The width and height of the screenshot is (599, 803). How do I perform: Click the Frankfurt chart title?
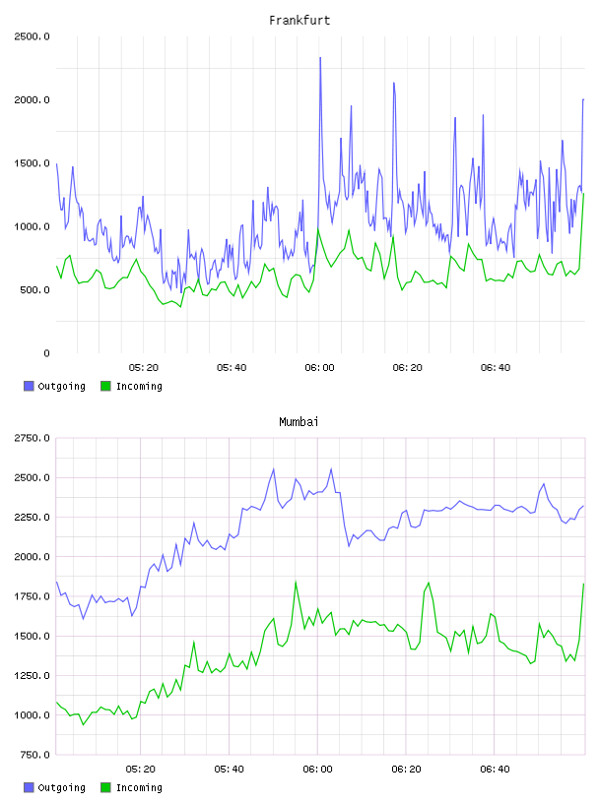299,21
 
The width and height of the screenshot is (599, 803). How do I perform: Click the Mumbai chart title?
299,422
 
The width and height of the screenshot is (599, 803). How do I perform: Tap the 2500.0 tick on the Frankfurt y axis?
32,36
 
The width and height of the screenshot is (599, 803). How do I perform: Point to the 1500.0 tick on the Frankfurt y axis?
32,163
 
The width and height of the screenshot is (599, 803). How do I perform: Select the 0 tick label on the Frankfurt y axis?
46,353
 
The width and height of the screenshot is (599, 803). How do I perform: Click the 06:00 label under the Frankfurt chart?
319,368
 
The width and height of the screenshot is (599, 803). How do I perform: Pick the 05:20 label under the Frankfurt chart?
144,368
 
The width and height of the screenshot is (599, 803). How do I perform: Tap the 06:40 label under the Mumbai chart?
495,770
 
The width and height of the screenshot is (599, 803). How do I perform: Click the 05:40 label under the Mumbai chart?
230,770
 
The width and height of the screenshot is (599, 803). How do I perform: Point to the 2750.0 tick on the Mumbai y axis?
32,438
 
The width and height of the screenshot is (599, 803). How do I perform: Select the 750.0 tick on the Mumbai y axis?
34,755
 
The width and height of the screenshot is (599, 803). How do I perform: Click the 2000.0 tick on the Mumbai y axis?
32,557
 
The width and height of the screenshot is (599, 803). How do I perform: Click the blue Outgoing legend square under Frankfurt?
29,386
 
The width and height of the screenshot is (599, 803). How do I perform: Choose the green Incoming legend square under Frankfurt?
105,386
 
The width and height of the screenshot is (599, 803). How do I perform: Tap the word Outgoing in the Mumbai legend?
61,787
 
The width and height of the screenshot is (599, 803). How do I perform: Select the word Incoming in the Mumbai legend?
139,787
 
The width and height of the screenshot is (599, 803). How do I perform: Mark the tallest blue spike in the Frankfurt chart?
320,57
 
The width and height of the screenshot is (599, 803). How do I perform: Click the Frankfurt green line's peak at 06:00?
318,229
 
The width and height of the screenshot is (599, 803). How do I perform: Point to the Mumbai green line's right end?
583,584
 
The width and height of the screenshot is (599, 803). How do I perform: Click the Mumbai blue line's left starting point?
56,582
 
